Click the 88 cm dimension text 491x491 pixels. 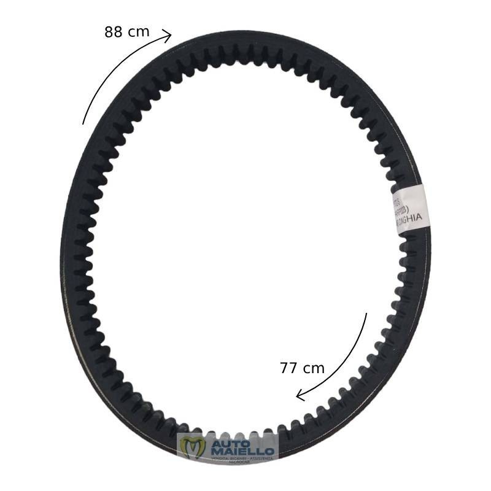pyautogui.click(x=127, y=32)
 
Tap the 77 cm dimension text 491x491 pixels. pyautogui.click(x=302, y=368)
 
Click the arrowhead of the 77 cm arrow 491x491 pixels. pyautogui.click(x=299, y=396)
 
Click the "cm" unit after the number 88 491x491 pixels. pyautogui.click(x=139, y=33)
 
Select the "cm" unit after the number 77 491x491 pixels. pyautogui.click(x=314, y=369)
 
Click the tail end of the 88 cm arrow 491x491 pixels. pyautogui.click(x=83, y=123)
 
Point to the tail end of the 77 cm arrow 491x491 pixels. pyautogui.click(x=366, y=314)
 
